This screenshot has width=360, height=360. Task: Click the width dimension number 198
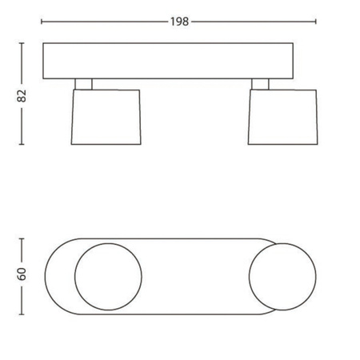click(180, 22)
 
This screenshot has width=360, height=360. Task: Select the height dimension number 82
click(22, 95)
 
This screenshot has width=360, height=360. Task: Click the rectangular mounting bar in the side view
click(180, 62)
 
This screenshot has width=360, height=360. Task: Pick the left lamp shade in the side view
click(105, 117)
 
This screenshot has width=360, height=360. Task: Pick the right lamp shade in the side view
click(282, 117)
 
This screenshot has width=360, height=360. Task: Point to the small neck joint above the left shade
click(84, 84)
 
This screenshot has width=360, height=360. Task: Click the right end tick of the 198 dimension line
click(317, 22)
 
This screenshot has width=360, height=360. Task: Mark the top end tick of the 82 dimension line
click(22, 46)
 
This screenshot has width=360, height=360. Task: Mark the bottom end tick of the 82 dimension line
click(22, 145)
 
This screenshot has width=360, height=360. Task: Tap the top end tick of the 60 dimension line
click(22, 238)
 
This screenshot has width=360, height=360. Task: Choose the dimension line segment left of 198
click(104, 22)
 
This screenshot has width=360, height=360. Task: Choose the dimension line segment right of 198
click(256, 22)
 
